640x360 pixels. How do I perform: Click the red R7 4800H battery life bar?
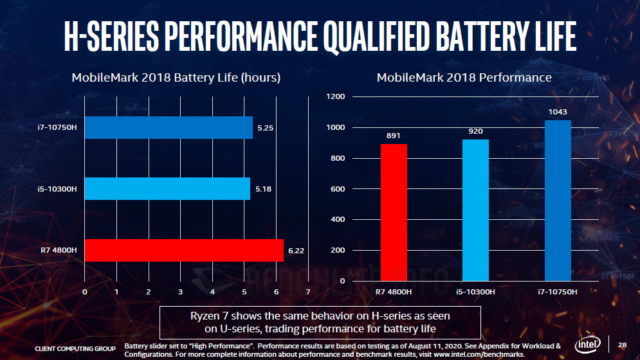pyautogui.click(x=184, y=250)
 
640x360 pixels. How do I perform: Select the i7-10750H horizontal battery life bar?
pyautogui.click(x=169, y=127)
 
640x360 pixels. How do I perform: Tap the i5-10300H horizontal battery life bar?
pyautogui.click(x=167, y=189)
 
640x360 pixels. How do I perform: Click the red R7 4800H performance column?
pyautogui.click(x=394, y=212)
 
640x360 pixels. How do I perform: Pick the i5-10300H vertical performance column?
pyautogui.click(x=475, y=210)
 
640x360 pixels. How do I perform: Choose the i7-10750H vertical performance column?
pyautogui.click(x=558, y=201)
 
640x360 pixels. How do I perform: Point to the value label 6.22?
pyautogui.click(x=295, y=251)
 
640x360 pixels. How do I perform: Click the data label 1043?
pyautogui.click(x=558, y=112)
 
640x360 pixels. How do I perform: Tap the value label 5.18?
pyautogui.click(x=262, y=189)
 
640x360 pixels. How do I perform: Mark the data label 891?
pyautogui.click(x=394, y=136)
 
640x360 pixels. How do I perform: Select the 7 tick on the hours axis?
pyautogui.click(x=308, y=292)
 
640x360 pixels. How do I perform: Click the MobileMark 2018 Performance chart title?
pyautogui.click(x=464, y=77)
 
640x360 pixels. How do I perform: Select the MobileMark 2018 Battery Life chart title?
pyautogui.click(x=176, y=78)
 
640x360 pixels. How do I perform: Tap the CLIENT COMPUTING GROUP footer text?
pyautogui.click(x=75, y=348)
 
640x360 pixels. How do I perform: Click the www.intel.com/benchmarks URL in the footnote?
pyautogui.click(x=480, y=354)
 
